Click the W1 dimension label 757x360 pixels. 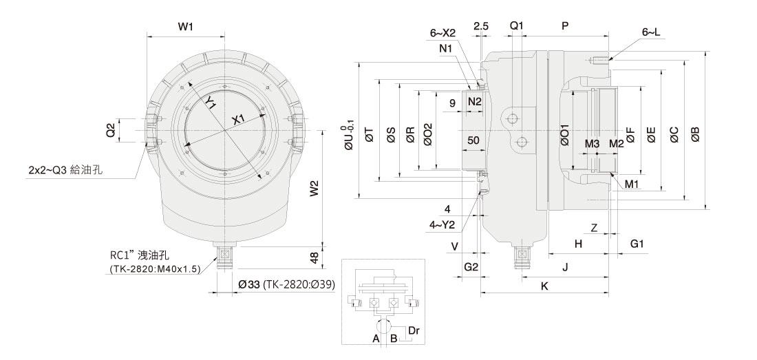[185, 26]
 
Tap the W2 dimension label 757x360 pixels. [314, 188]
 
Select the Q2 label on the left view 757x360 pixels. [110, 130]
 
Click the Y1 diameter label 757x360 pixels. [211, 103]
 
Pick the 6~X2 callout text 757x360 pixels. [443, 32]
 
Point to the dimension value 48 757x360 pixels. [314, 257]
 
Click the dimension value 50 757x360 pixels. [473, 140]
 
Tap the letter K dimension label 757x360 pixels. [544, 286]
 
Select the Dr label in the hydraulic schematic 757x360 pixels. [414, 330]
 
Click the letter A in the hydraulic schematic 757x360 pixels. [376, 338]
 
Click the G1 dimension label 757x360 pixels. [637, 244]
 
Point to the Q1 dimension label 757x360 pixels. [516, 25]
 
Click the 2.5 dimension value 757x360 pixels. [481, 25]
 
